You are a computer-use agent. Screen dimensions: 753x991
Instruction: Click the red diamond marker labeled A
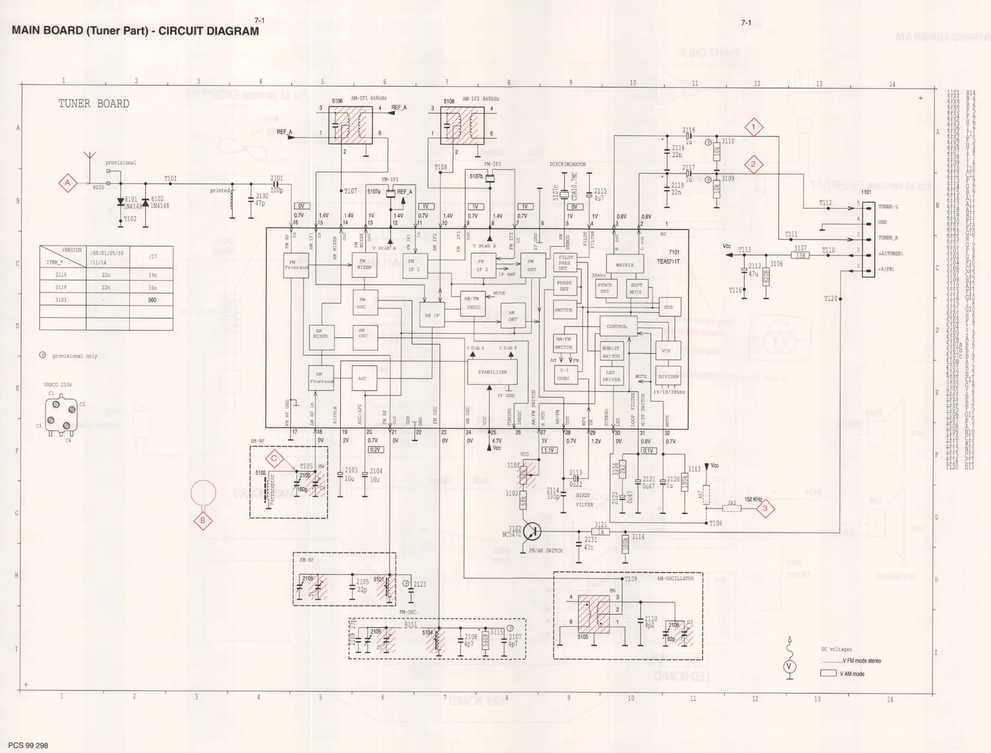[x=67, y=183]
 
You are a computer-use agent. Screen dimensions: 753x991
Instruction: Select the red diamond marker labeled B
[x=203, y=521]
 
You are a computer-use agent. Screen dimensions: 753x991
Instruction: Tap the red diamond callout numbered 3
[x=765, y=509]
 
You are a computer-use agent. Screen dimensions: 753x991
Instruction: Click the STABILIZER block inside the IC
[x=492, y=372]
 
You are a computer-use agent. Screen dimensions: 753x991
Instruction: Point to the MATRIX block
[x=624, y=265]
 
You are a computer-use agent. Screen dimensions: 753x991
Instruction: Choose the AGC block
[x=363, y=378]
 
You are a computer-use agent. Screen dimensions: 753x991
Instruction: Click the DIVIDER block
[x=668, y=376]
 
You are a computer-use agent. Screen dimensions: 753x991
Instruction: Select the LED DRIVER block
[x=611, y=376]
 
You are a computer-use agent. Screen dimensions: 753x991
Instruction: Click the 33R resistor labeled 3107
[x=800, y=255]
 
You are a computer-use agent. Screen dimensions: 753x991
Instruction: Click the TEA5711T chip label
[x=668, y=262]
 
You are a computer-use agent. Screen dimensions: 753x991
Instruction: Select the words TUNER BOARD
[x=93, y=104]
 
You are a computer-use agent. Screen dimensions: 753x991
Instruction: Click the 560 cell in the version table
[x=152, y=300]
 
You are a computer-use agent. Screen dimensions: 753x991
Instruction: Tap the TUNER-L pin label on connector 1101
[x=888, y=206]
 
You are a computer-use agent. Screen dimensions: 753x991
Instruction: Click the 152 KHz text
[x=753, y=499]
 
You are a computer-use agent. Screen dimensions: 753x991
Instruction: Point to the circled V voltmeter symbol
[x=788, y=667]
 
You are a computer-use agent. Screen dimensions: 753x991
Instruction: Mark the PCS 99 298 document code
[x=28, y=746]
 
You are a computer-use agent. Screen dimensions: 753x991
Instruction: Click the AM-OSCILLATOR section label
[x=675, y=578]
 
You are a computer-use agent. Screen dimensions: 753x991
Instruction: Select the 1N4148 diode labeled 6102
[x=145, y=203]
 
